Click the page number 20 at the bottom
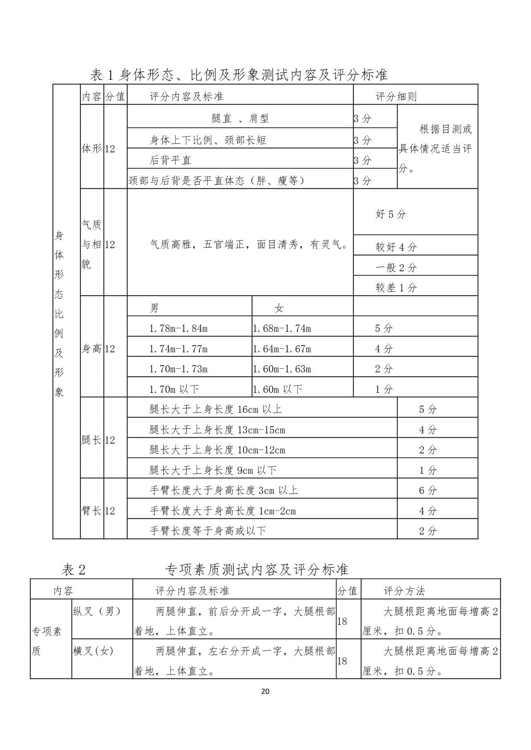(265, 691)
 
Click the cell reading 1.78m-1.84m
(178, 329)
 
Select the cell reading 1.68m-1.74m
(282, 329)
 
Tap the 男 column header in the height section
(154, 308)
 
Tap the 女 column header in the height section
(279, 308)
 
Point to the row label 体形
(92, 149)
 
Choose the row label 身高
(92, 349)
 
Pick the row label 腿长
(92, 440)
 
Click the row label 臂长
(92, 511)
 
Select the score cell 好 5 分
(391, 214)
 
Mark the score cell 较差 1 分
(396, 288)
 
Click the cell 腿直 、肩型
(240, 118)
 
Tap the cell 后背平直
(171, 160)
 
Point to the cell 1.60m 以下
(278, 389)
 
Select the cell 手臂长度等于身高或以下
(208, 531)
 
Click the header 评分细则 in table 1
(396, 97)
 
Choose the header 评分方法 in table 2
(404, 591)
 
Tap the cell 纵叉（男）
(97, 611)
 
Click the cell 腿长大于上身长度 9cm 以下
(213, 470)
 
